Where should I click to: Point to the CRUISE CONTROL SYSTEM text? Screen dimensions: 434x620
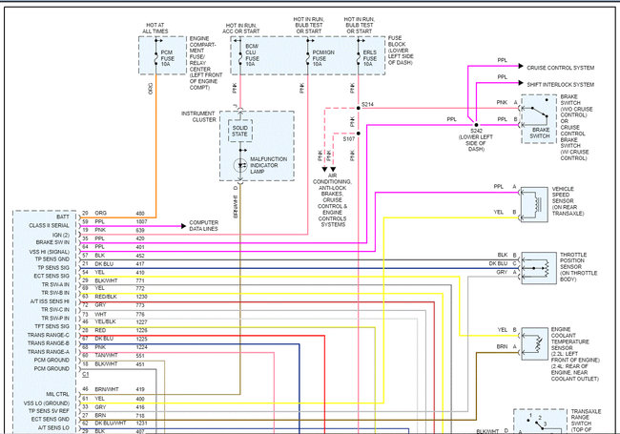(560, 68)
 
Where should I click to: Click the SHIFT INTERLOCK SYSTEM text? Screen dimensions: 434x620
(560, 84)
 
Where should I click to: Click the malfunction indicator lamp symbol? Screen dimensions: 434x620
(238, 163)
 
